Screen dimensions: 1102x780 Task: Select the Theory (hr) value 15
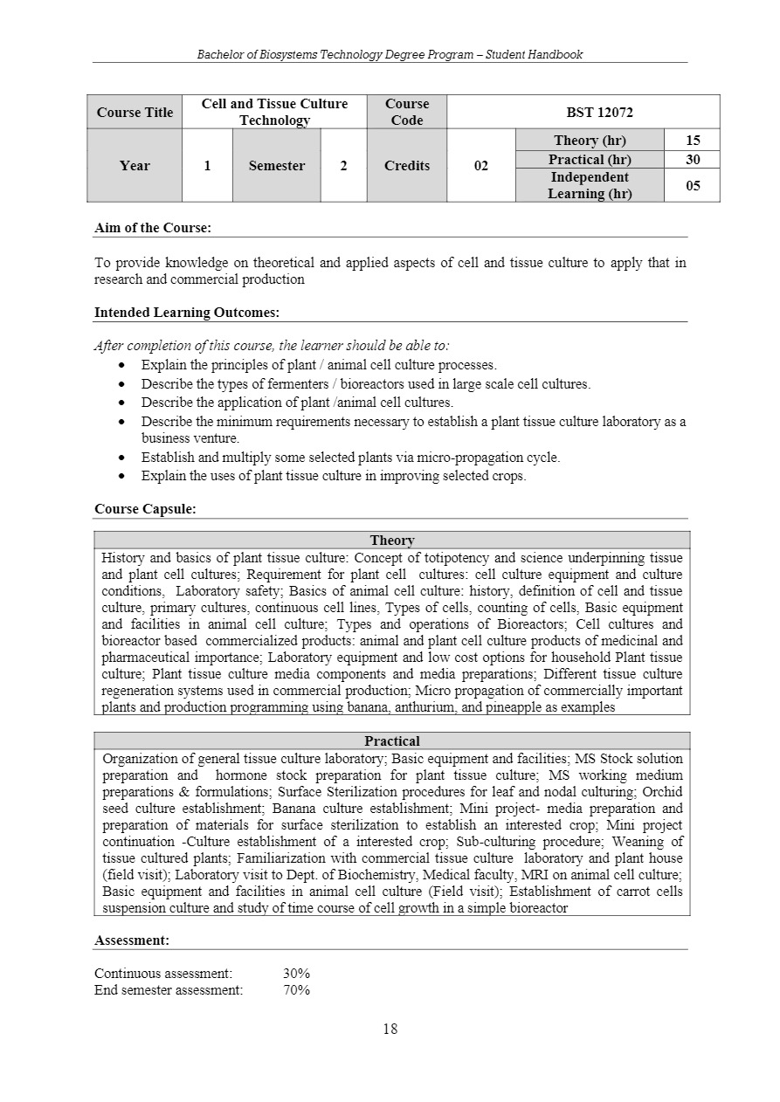[x=693, y=141]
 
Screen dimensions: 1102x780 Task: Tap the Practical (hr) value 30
[x=693, y=160]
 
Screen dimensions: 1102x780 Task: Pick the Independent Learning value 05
[x=693, y=185]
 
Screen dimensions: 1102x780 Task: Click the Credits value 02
[x=481, y=166]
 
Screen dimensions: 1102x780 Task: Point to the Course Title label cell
[x=135, y=113]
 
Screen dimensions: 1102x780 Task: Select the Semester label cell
[x=277, y=166]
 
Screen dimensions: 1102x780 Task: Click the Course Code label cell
[x=407, y=113]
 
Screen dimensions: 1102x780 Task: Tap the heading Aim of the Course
[x=153, y=228]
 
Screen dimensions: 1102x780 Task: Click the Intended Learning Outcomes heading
[x=187, y=313]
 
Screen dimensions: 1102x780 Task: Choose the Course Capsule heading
[x=145, y=509]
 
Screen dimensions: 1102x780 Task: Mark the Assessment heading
[x=132, y=940]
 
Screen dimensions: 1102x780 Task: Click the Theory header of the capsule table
[x=392, y=541]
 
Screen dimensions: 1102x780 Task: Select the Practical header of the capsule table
[x=392, y=741]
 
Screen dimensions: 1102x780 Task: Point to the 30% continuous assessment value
[x=297, y=974]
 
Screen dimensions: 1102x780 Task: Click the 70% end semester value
[x=297, y=990]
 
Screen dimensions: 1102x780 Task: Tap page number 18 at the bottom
[x=390, y=1030]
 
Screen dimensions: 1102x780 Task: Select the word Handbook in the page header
[x=556, y=54]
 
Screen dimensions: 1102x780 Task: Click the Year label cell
[x=135, y=166]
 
